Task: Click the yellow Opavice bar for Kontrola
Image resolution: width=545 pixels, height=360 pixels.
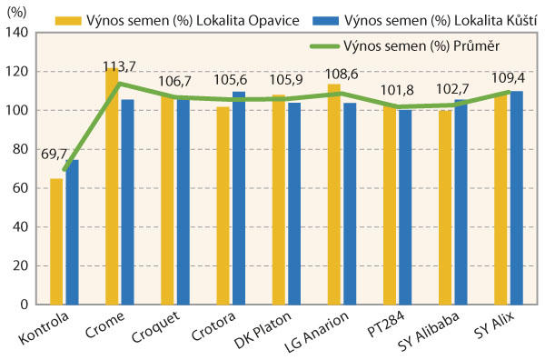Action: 57,241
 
